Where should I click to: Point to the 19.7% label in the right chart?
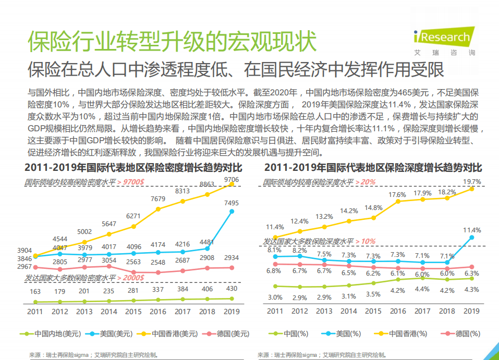pyautogui.click(x=472, y=182)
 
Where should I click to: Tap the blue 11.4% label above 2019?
pyautogui.click(x=472, y=230)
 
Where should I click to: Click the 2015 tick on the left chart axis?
pyautogui.click(x=133, y=312)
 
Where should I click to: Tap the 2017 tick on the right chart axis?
pyautogui.click(x=422, y=311)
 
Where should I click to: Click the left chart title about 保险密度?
pyautogui.click(x=133, y=168)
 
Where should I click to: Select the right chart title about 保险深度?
pyautogui.click(x=373, y=168)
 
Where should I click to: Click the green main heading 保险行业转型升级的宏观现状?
pyautogui.click(x=172, y=41)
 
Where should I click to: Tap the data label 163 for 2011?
pyautogui.click(x=35, y=292)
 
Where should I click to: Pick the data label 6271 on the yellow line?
pyautogui.click(x=133, y=216)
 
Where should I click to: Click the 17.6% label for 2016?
pyautogui.click(x=397, y=194)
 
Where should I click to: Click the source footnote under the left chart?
pyautogui.click(x=94, y=354)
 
